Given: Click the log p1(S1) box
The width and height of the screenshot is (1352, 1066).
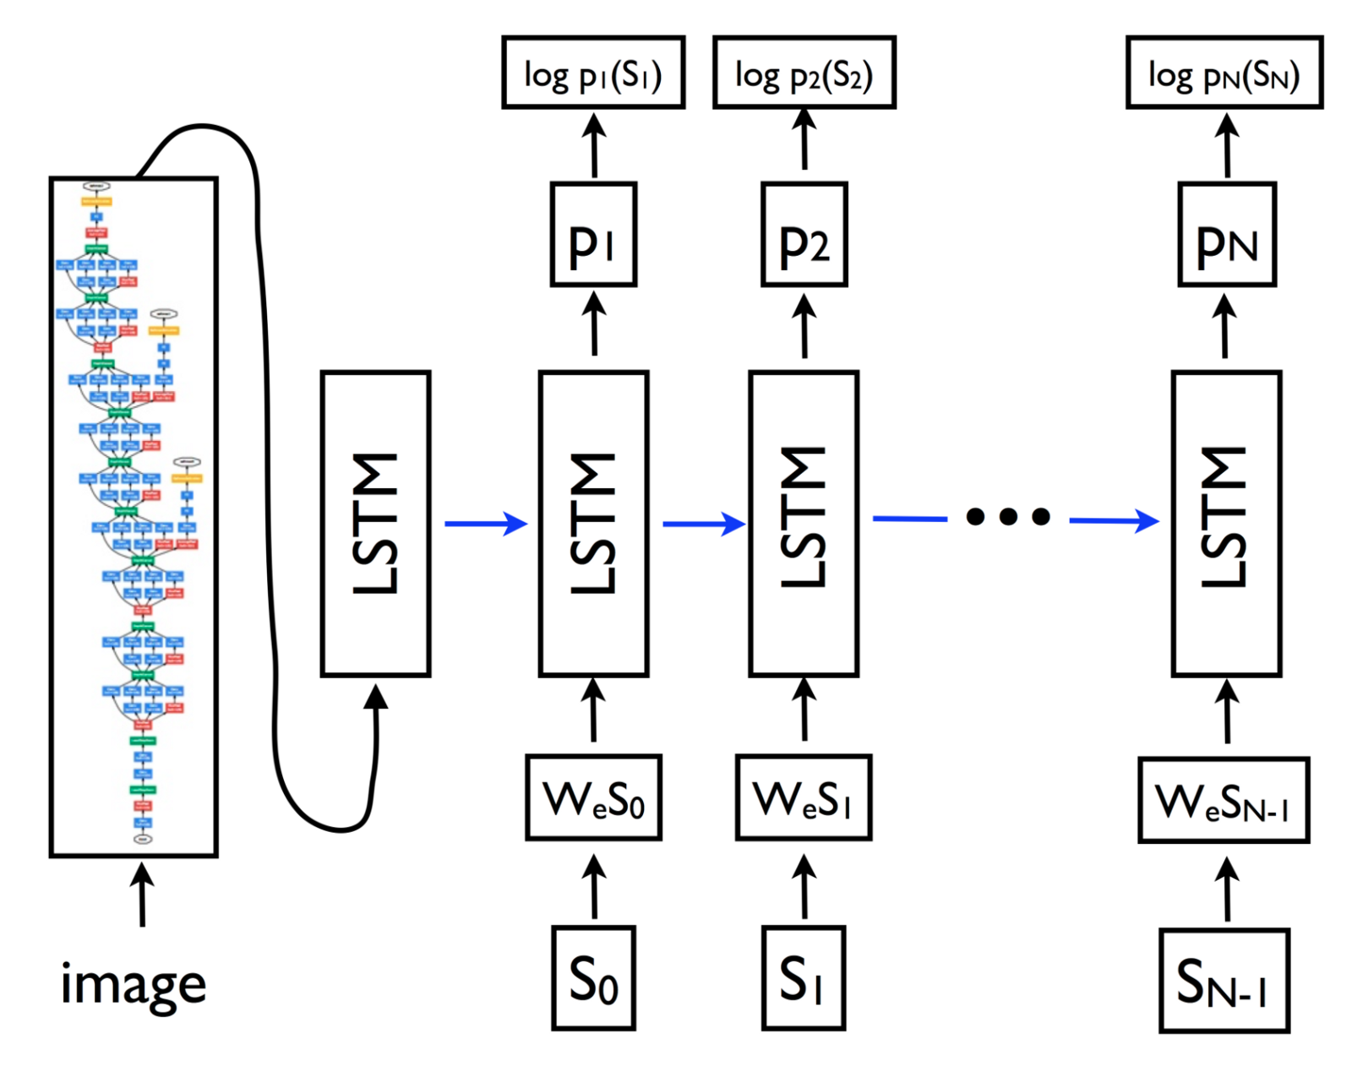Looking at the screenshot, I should (x=593, y=73).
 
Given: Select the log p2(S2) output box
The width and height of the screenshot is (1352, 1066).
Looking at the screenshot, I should (x=804, y=73).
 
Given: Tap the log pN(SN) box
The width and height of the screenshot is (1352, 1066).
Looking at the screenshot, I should (x=1224, y=73).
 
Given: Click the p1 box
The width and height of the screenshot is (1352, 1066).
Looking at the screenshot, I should (x=593, y=235).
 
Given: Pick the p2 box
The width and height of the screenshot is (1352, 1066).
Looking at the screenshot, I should (x=804, y=235).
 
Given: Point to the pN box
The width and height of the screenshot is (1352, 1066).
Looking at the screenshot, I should (x=1226, y=235).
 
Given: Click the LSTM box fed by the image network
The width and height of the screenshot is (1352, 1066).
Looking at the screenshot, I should (x=376, y=524).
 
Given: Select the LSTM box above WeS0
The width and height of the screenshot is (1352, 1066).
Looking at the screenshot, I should (x=593, y=524).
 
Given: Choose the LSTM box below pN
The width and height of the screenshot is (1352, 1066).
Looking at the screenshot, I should (x=1226, y=524).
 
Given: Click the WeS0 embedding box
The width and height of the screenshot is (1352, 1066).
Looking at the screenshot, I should (x=593, y=797).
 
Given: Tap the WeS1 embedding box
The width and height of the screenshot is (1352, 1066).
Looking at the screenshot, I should (x=804, y=797).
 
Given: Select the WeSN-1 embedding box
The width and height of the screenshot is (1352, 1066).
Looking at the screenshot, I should (x=1224, y=800).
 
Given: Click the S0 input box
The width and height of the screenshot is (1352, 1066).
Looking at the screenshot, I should (x=593, y=978).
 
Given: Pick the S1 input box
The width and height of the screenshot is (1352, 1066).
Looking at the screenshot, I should (x=804, y=978).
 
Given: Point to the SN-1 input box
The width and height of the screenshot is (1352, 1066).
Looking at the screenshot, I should (x=1224, y=981).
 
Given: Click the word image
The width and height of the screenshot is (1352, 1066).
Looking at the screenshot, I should (x=134, y=985).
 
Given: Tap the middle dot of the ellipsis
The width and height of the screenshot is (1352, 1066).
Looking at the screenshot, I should (x=1008, y=516).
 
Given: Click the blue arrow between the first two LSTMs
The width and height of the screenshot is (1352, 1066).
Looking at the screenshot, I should (x=485, y=524).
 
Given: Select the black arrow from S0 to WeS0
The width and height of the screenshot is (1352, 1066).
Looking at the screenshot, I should (x=594, y=887).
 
